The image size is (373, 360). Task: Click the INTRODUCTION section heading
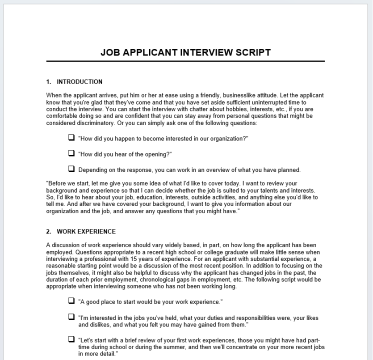[80, 82]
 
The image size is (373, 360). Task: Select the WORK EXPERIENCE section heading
[86, 232]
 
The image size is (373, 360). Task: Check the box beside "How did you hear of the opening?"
[71, 153]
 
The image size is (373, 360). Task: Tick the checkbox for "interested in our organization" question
[71, 138]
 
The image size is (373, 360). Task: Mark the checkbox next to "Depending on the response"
[71, 169]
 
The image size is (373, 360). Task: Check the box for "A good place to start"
[71, 301]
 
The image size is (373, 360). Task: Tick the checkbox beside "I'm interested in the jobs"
[71, 317]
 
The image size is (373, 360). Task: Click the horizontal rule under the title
[185, 61]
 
